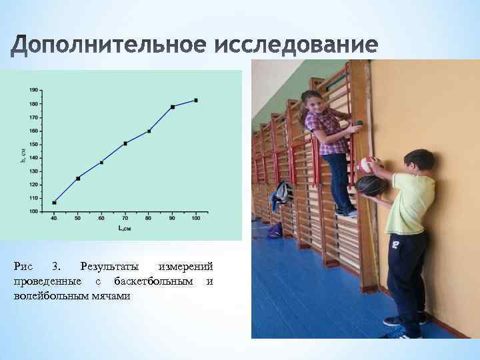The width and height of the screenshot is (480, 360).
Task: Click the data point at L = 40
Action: point(54,203)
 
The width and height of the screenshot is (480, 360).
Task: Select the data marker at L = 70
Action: point(125,143)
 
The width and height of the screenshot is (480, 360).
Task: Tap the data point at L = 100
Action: point(196,100)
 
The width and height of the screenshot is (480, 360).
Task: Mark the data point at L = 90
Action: point(173,107)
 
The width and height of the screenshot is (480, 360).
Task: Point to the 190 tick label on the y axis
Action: point(33,90)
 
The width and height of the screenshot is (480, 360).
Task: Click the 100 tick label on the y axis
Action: point(33,211)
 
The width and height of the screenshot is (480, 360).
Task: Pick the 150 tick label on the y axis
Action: point(33,144)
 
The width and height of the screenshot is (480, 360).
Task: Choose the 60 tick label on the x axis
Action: point(101,219)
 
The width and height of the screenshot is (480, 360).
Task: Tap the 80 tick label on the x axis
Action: point(149,219)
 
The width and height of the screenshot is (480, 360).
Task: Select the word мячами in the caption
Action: point(111,295)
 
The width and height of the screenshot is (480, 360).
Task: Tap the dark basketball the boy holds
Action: point(368,185)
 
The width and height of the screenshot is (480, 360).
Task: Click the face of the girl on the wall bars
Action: point(313,103)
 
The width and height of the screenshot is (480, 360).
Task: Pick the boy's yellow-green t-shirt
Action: point(409,203)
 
